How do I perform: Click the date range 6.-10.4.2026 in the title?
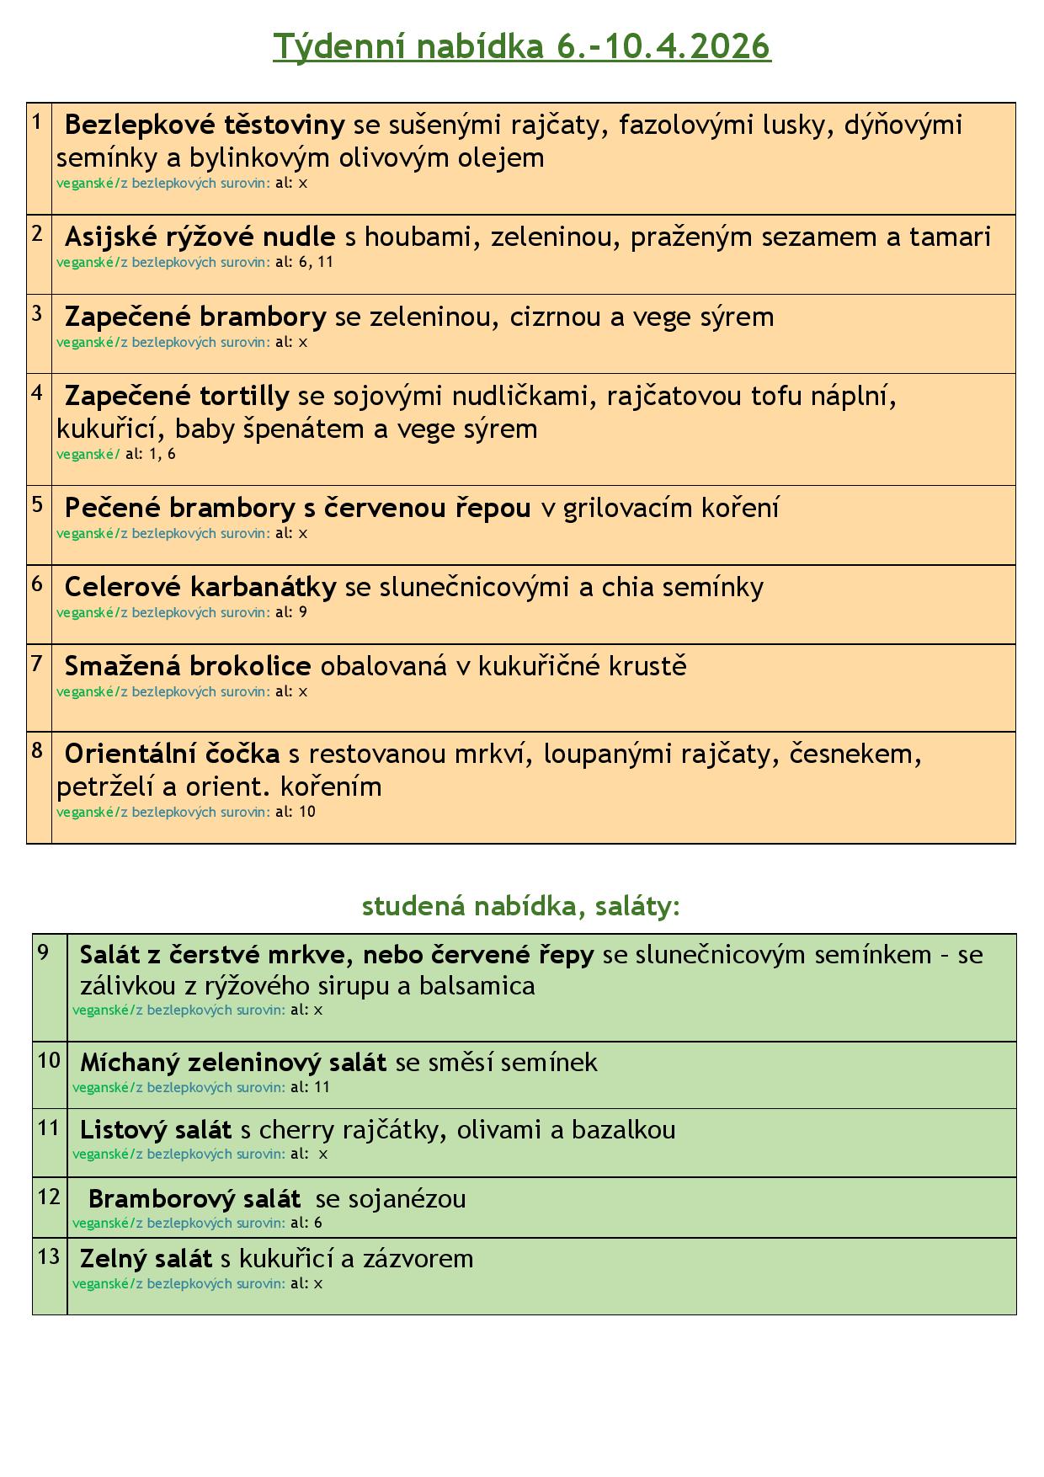click(663, 46)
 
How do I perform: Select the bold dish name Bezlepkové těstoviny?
click(205, 125)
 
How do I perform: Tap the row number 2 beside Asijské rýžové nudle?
click(38, 234)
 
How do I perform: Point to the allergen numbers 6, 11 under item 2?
click(316, 262)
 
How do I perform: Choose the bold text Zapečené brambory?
click(195, 317)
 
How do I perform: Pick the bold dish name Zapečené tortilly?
click(177, 395)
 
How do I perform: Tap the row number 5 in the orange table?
click(38, 504)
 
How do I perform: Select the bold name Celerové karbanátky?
click(200, 587)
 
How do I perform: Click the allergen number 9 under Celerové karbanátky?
click(303, 613)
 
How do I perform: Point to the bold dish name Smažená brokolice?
click(188, 666)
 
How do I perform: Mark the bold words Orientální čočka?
click(173, 753)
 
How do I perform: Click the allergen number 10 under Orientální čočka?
click(307, 813)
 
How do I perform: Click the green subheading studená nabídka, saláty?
click(520, 906)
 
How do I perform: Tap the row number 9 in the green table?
click(44, 952)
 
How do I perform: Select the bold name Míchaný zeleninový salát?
click(233, 1063)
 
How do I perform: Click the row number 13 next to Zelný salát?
click(49, 1256)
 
